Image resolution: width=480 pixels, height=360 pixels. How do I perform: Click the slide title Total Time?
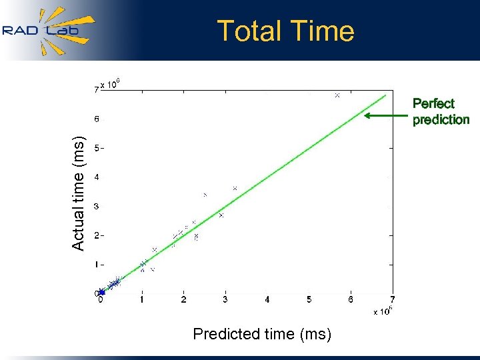click(x=285, y=31)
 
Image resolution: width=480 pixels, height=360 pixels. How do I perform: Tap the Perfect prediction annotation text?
click(x=441, y=111)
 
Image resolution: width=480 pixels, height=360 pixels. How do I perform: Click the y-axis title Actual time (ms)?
click(x=79, y=193)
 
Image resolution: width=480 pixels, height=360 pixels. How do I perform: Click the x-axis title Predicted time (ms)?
click(x=262, y=334)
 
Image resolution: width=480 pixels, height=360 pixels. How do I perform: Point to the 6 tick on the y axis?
click(x=96, y=119)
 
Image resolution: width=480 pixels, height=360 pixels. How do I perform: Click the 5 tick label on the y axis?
click(x=96, y=148)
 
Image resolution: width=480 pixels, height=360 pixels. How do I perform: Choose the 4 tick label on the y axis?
click(x=96, y=177)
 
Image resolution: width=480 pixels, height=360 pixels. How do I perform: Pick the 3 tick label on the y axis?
click(x=96, y=207)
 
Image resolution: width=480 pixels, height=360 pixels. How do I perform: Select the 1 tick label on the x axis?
click(x=142, y=300)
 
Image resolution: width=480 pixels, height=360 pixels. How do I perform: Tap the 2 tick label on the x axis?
click(x=184, y=300)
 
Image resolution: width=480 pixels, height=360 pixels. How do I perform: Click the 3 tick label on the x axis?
click(x=225, y=300)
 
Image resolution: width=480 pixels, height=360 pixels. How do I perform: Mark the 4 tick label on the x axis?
click(x=267, y=300)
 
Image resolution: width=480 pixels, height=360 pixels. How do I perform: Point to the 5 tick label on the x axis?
click(x=309, y=300)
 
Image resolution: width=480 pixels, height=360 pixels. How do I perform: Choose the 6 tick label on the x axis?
click(x=351, y=300)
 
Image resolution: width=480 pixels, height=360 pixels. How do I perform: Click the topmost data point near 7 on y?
click(x=337, y=95)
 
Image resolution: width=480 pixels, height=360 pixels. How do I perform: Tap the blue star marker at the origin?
click(x=101, y=292)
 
